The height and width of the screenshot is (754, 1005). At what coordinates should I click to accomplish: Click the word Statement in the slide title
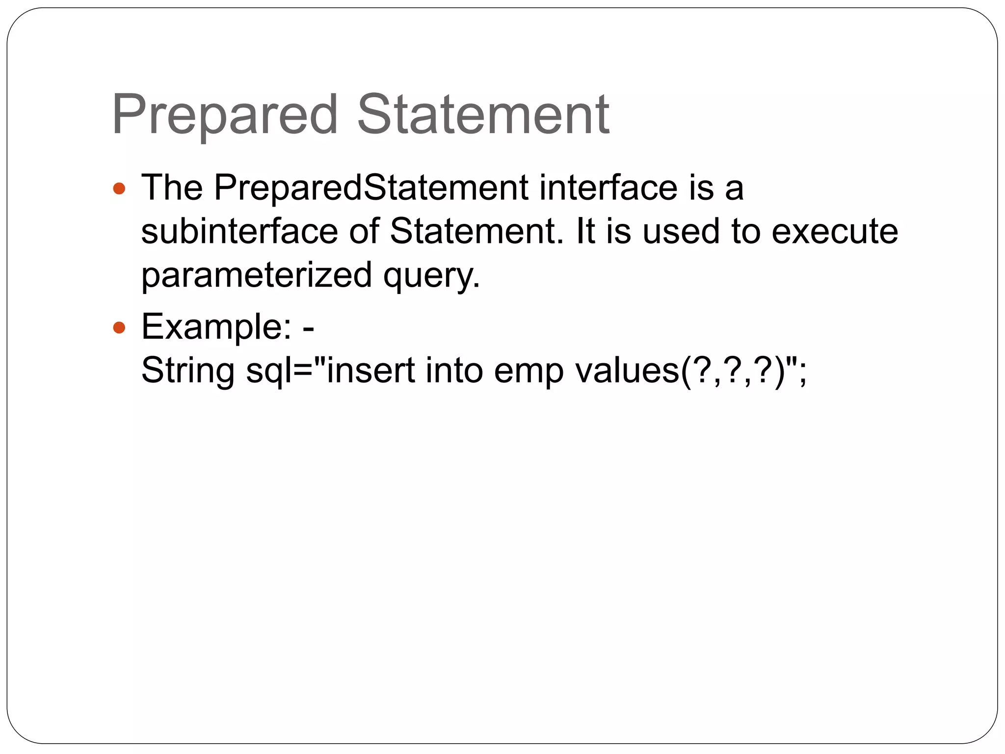[483, 115]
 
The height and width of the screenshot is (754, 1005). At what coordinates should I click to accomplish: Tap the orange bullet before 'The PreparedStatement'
[119, 188]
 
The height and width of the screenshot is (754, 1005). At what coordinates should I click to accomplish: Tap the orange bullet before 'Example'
[119, 327]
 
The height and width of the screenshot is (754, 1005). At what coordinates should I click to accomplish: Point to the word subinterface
[239, 231]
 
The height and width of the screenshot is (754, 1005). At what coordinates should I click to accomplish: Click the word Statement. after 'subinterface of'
[476, 231]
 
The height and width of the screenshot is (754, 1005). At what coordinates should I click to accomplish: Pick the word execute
[834, 231]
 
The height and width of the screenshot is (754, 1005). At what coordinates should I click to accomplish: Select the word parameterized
[257, 275]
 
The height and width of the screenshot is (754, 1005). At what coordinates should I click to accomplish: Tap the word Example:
[216, 327]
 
